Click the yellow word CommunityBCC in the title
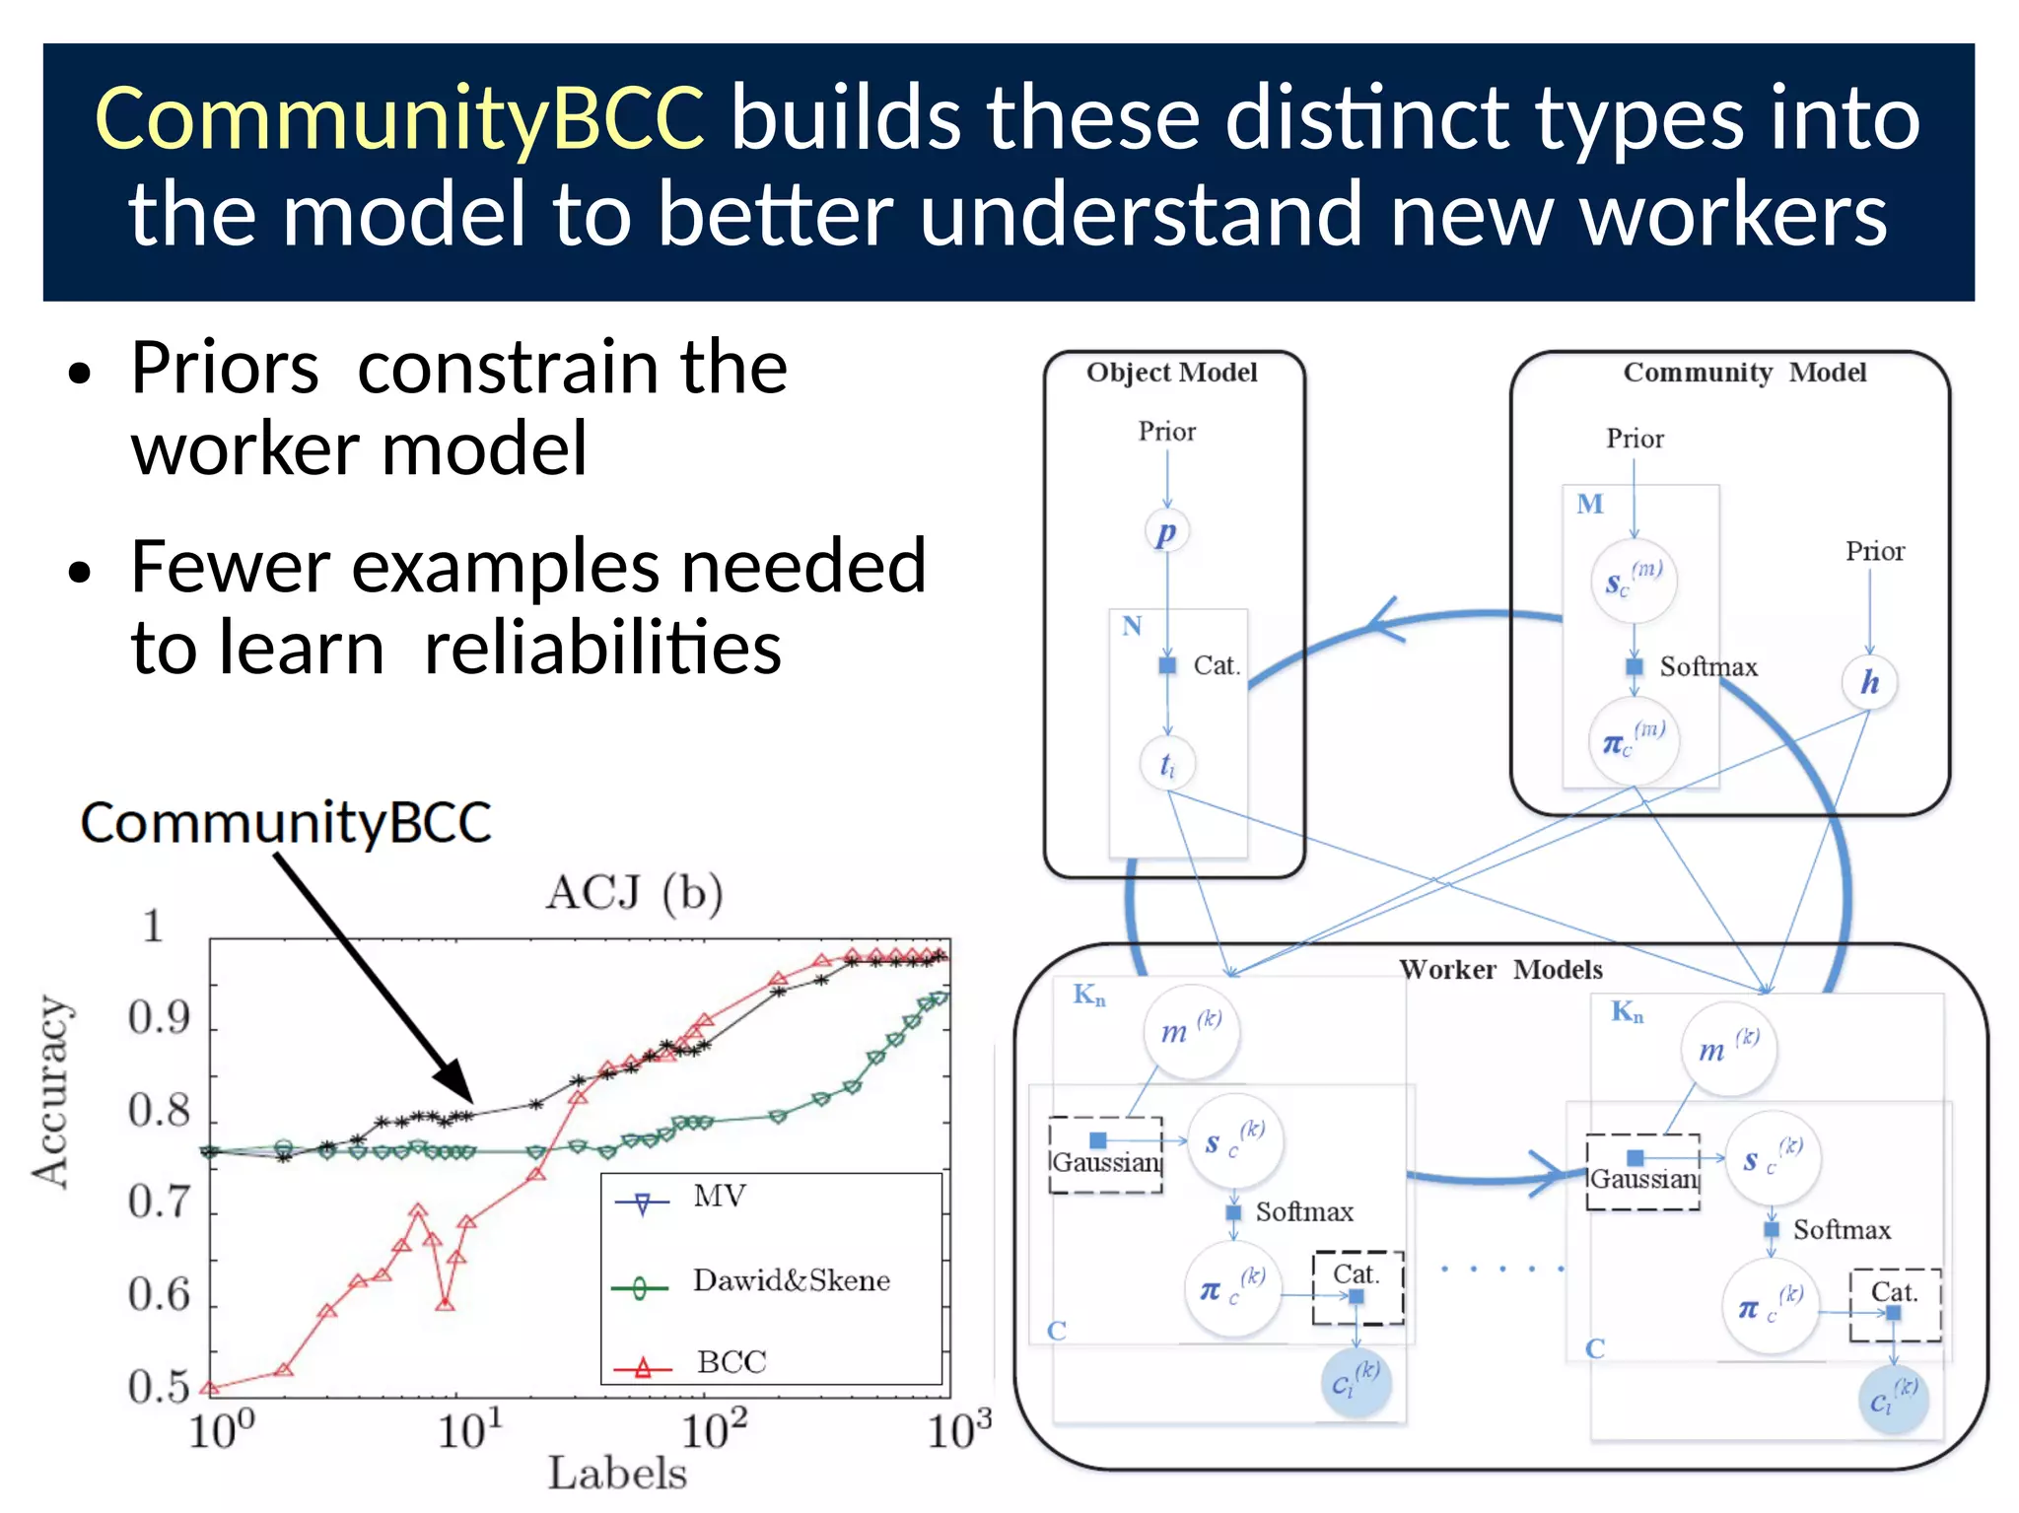[x=399, y=118]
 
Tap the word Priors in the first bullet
[x=225, y=368]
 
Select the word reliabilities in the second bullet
[x=602, y=649]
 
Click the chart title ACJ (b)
[x=634, y=893]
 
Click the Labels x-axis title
[x=617, y=1474]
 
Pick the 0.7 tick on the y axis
[x=159, y=1203]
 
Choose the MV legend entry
[x=720, y=1197]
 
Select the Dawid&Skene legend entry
[x=791, y=1280]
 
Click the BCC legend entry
[x=731, y=1362]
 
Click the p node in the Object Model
[x=1167, y=532]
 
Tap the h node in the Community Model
[x=1869, y=682]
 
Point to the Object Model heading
[x=1171, y=373]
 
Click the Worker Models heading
[x=1500, y=970]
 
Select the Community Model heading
[x=1744, y=373]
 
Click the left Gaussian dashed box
[x=1105, y=1156]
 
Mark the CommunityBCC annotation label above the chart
[x=286, y=822]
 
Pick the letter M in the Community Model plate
[x=1589, y=505]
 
